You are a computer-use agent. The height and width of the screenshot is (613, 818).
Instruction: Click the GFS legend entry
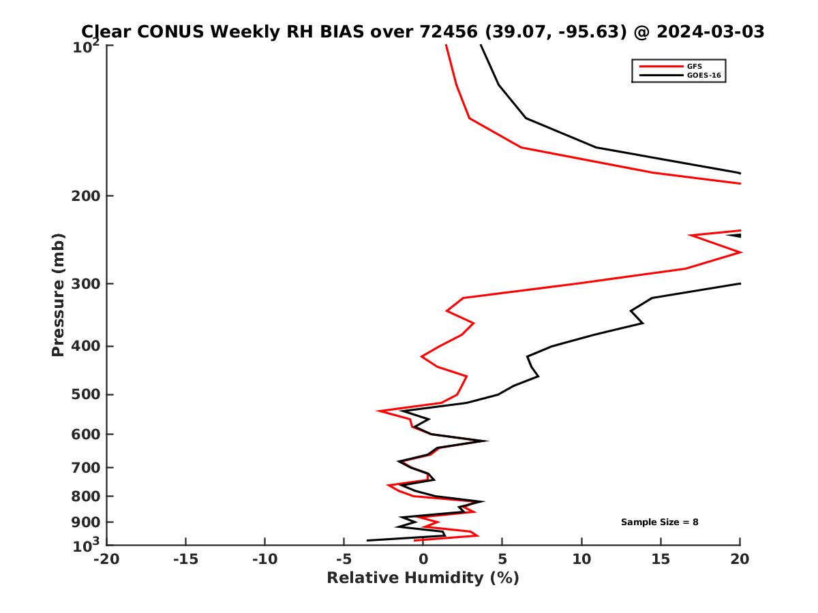(695, 67)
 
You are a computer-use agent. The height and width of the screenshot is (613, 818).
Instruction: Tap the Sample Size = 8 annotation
(659, 522)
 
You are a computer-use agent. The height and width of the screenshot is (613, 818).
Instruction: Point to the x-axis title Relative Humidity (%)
(423, 578)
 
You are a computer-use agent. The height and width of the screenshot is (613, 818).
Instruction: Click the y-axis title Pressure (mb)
(58, 295)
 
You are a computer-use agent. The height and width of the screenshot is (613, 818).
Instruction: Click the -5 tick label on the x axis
(344, 560)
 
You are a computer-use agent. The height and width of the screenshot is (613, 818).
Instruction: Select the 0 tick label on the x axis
(423, 560)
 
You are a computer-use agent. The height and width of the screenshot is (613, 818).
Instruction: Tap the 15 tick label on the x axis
(661, 560)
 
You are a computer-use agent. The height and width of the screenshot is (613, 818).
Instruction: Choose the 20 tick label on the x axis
(740, 560)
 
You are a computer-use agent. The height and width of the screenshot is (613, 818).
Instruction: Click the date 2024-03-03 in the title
(710, 31)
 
